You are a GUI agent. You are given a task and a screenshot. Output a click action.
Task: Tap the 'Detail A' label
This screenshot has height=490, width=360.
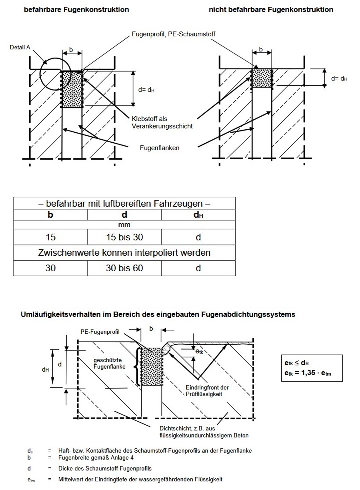20,47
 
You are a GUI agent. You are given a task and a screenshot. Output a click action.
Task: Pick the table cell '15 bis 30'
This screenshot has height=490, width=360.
124,237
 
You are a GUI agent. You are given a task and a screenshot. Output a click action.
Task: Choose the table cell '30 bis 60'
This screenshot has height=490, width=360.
124,268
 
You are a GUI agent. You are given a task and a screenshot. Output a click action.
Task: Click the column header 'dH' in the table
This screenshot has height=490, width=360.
198,215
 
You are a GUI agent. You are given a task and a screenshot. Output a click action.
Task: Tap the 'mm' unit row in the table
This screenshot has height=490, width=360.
124,225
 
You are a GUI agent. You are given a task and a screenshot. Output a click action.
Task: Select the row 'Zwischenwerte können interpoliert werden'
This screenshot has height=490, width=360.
124,253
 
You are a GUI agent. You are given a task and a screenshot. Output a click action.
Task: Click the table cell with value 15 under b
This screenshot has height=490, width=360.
50,237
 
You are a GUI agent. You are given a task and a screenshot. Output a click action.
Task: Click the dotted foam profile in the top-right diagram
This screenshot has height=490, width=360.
262,78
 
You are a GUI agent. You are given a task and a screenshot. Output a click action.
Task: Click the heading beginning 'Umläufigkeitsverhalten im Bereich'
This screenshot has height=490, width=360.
157,314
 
